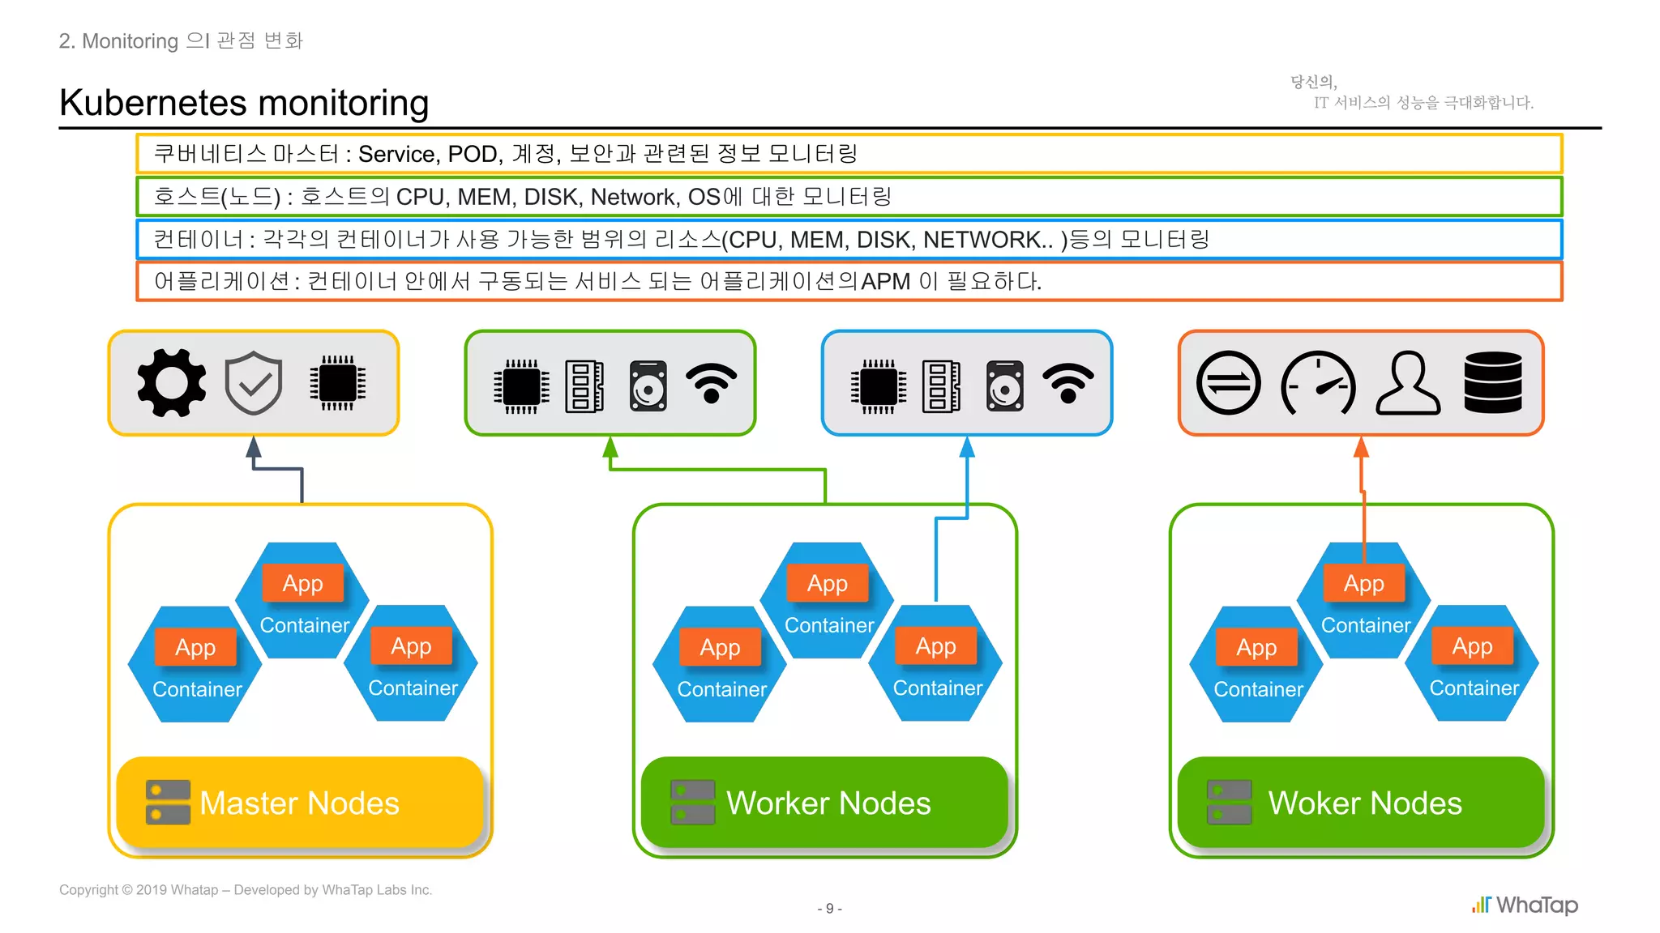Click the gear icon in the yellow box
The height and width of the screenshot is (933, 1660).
click(171, 383)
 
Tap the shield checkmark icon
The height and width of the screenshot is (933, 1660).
click(254, 383)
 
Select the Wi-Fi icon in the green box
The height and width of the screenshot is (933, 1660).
click(711, 384)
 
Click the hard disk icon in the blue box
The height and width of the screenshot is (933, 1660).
click(1005, 386)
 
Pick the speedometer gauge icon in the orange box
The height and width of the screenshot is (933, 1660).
click(1318, 383)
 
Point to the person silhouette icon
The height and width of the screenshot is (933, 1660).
click(1408, 383)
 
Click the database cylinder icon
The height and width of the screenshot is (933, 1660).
click(1493, 383)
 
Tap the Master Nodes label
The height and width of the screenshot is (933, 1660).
click(299, 803)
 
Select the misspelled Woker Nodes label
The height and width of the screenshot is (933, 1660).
click(1364, 803)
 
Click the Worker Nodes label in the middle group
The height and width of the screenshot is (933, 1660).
click(828, 803)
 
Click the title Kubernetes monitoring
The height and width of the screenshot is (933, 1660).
click(244, 103)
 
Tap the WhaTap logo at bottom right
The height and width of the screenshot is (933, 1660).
click(1525, 905)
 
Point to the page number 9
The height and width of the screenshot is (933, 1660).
click(829, 909)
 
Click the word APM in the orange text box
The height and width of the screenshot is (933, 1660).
click(885, 282)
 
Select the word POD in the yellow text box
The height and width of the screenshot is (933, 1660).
click(473, 154)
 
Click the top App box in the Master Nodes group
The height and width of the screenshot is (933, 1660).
click(302, 583)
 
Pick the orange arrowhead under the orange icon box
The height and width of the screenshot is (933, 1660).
click(1361, 447)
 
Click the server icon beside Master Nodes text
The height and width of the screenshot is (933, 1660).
click(168, 802)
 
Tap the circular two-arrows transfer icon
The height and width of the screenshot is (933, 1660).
click(1228, 383)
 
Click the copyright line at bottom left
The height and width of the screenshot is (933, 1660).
click(246, 889)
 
